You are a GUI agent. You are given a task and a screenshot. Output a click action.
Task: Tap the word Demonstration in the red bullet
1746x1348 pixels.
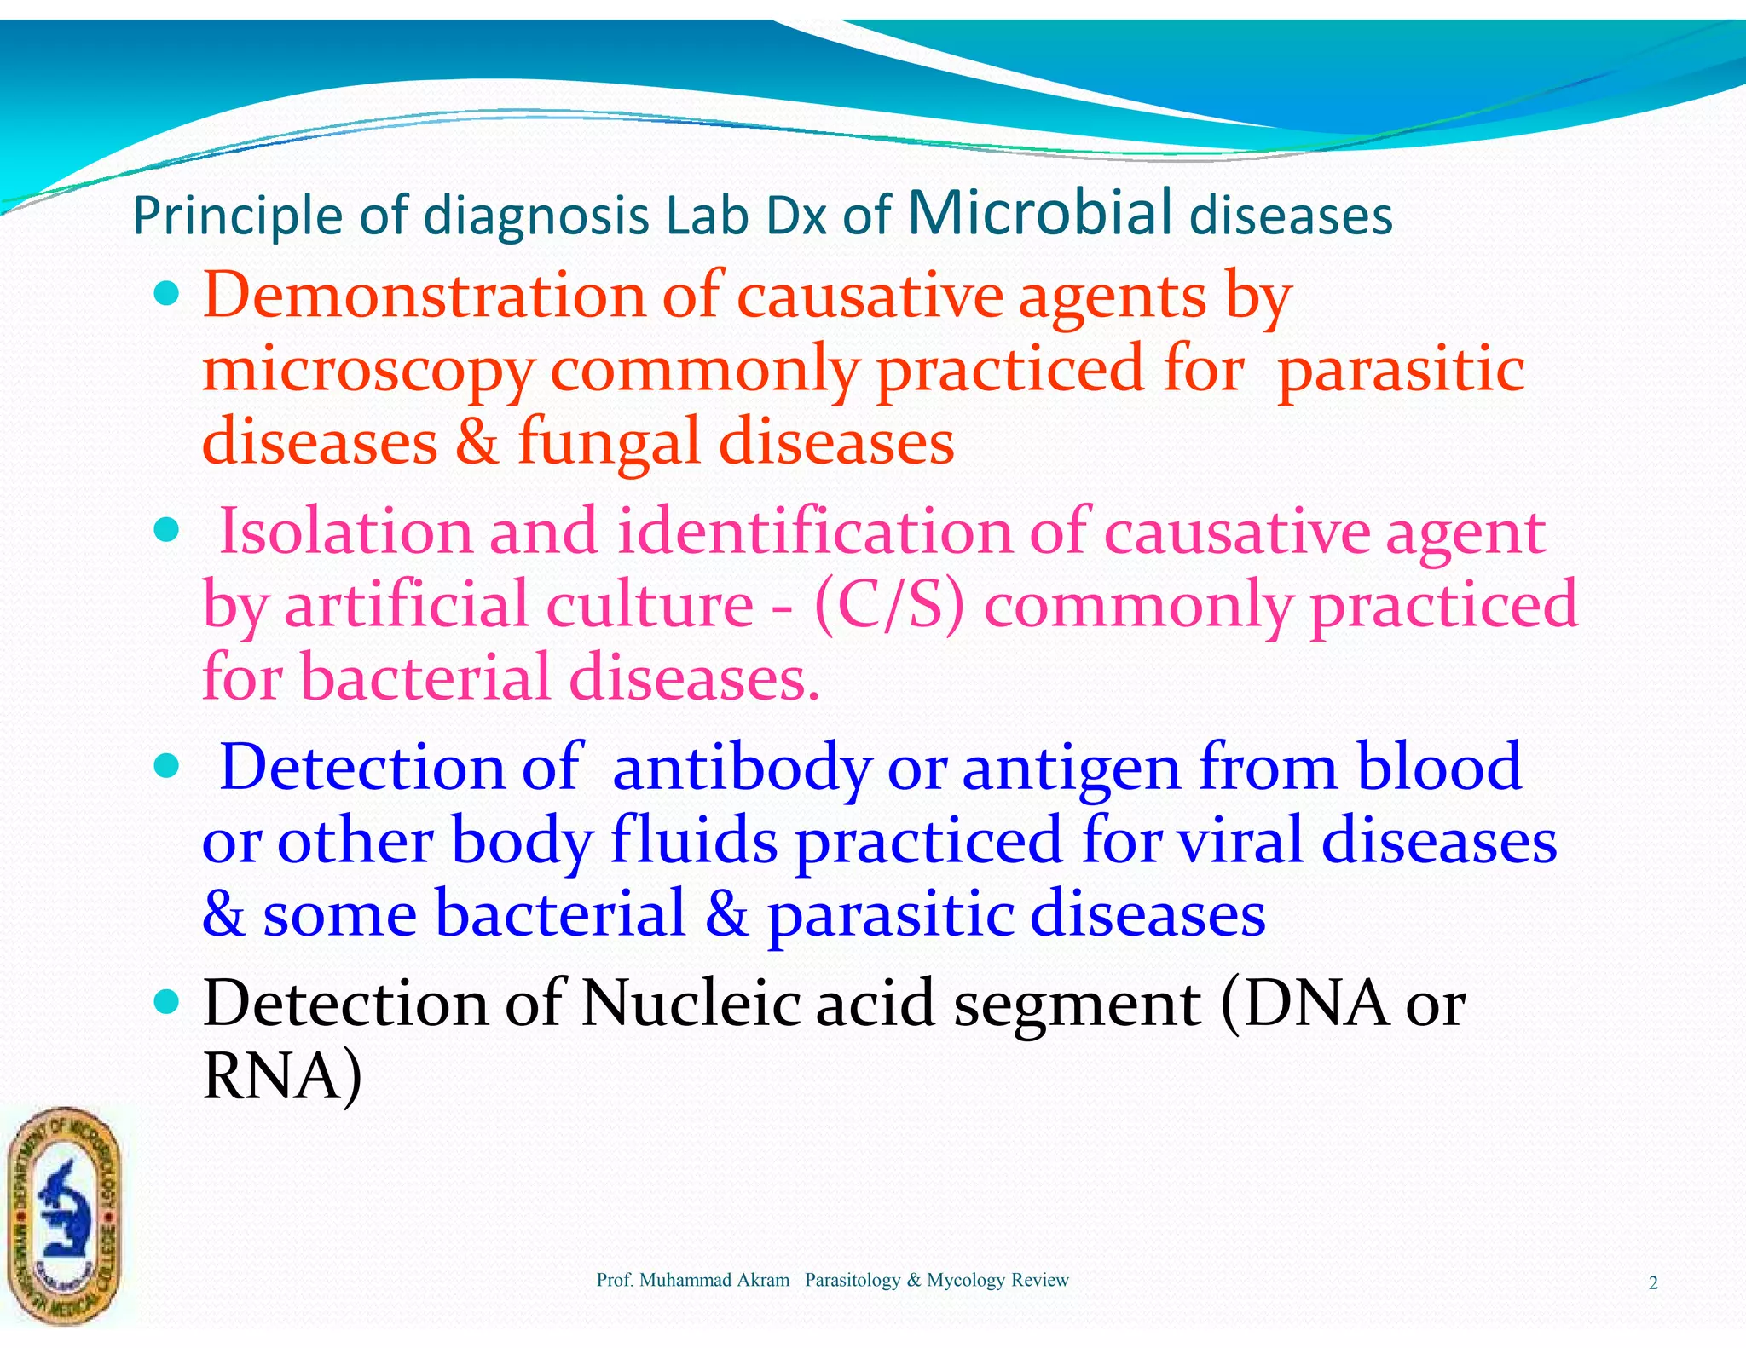(x=424, y=297)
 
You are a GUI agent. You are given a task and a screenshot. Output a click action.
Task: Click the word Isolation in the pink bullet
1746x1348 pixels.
(x=345, y=532)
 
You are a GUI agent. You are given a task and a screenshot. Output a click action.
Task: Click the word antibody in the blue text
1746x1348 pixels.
(x=741, y=767)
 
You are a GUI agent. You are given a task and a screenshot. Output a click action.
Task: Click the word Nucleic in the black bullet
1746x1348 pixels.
(x=690, y=1003)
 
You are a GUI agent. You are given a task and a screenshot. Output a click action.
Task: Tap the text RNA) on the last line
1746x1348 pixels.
(x=282, y=1076)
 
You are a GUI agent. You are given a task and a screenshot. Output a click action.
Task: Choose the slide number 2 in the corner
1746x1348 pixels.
(x=1653, y=1283)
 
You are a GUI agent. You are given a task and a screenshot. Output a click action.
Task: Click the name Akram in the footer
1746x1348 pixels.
(x=765, y=1280)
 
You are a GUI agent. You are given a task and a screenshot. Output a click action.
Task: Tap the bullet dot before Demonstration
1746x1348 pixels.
(x=168, y=295)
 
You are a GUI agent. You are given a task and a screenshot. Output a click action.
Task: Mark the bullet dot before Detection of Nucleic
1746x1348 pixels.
(x=168, y=1002)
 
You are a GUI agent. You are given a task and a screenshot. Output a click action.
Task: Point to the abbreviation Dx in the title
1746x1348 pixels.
(x=796, y=216)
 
